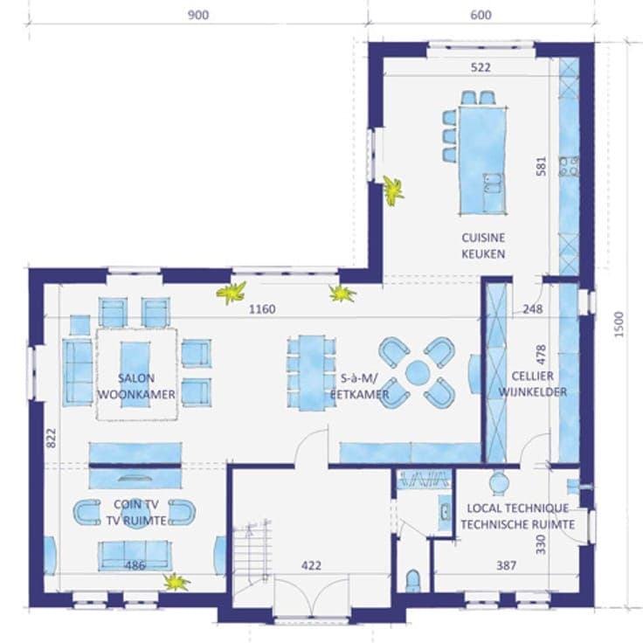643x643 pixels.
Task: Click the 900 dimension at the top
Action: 198,15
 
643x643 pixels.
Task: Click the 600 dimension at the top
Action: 481,15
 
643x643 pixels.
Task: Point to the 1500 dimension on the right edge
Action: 619,324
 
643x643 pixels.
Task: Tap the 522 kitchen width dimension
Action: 481,67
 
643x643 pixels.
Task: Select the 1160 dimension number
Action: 262,309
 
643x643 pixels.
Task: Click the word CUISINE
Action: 483,238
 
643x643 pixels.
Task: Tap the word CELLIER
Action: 532,376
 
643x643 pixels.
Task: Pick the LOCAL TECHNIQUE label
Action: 518,508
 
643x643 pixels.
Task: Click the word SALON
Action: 136,378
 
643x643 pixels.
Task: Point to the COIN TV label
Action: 136,504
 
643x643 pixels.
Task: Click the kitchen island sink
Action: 494,183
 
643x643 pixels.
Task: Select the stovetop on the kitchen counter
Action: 570,166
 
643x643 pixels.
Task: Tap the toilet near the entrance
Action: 412,581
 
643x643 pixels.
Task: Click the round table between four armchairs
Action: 417,372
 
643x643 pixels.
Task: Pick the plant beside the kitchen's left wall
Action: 393,190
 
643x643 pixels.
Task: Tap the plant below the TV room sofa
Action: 176,583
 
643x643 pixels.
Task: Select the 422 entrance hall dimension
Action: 311,566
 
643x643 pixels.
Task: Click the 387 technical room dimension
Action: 506,566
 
